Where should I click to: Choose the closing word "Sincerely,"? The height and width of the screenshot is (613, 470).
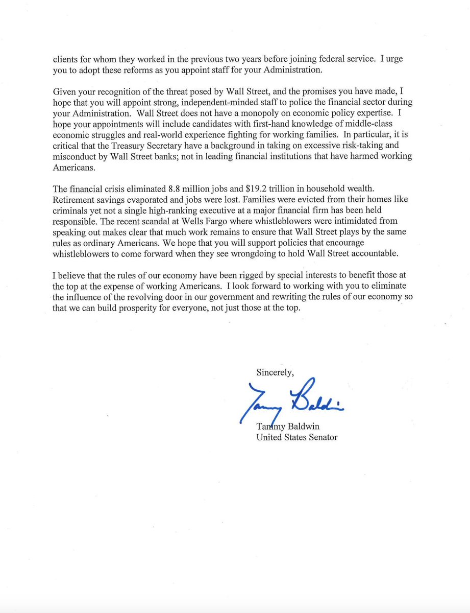[275, 372]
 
